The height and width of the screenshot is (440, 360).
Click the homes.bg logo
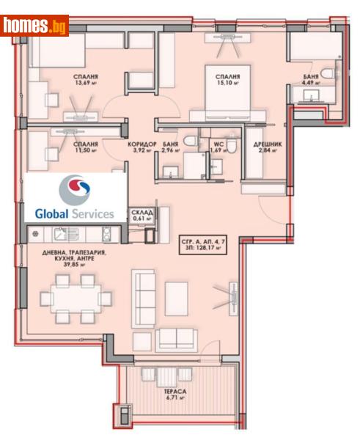(x=35, y=26)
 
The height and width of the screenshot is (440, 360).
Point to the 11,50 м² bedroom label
(x=87, y=149)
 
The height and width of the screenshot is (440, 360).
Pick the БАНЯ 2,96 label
(x=171, y=148)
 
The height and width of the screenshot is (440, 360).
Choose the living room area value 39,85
(x=76, y=267)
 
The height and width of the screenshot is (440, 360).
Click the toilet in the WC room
(x=230, y=147)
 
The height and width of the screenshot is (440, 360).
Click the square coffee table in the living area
(x=176, y=296)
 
